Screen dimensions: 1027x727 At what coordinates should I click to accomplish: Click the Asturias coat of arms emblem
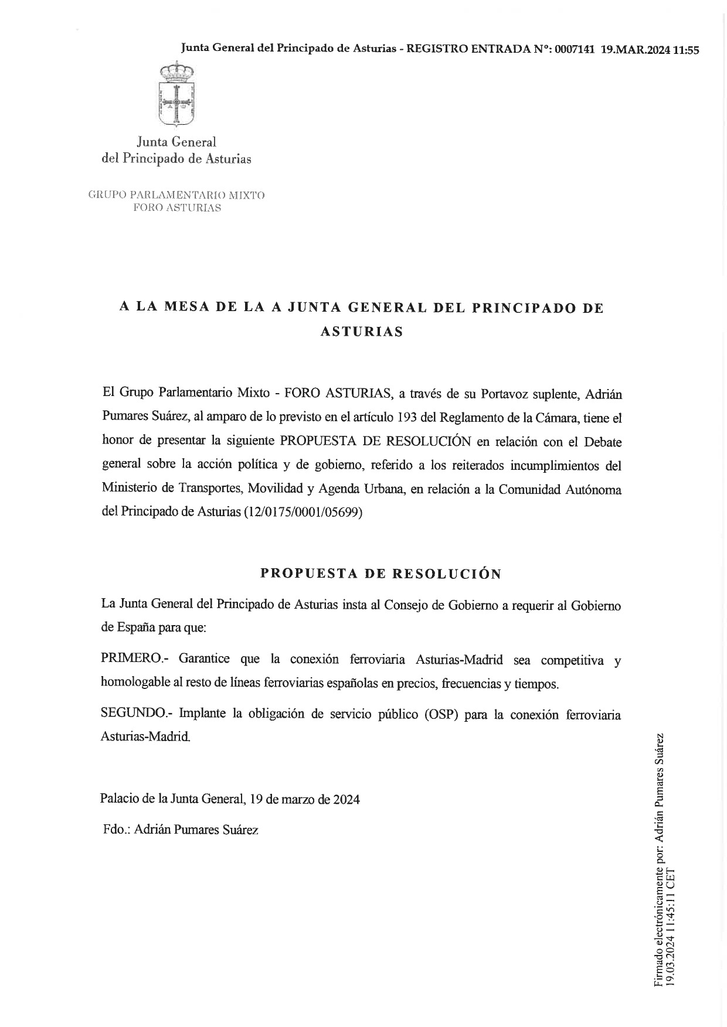point(176,95)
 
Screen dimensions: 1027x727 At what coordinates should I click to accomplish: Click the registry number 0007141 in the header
point(575,50)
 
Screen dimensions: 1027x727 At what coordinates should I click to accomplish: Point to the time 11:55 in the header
point(687,50)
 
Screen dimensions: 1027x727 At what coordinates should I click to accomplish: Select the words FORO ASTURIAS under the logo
point(177,208)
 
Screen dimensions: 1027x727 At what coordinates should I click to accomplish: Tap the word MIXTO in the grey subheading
point(246,195)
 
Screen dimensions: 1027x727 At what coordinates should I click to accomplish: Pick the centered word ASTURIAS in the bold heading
point(362,332)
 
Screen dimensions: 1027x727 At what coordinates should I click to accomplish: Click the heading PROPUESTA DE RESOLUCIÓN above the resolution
point(381,574)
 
